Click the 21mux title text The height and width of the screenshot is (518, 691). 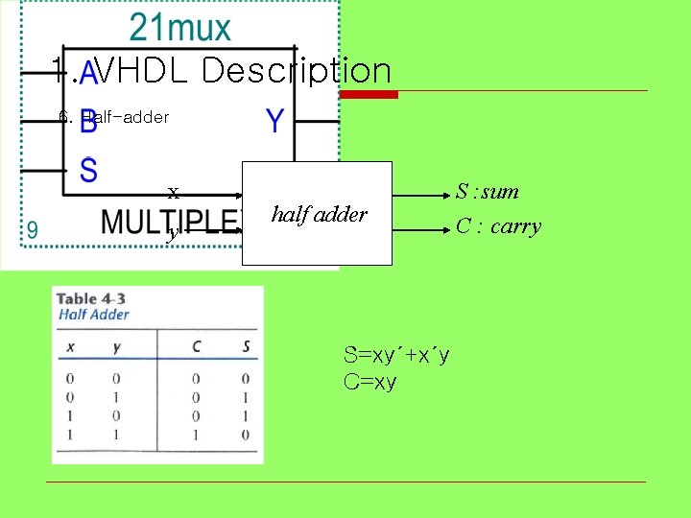point(180,28)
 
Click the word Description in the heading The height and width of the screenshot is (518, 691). point(297,70)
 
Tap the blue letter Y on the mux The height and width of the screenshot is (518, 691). point(274,121)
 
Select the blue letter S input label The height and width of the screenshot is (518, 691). point(88,172)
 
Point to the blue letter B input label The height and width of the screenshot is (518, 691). point(87,125)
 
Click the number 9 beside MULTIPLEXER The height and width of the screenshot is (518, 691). point(33,230)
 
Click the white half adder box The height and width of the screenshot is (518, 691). point(319,213)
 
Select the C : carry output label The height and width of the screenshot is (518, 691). point(498,226)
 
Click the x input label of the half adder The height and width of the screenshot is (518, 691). point(173,192)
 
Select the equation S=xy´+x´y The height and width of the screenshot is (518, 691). point(396,356)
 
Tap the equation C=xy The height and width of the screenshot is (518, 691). point(370,382)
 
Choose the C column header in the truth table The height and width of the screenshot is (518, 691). point(196,346)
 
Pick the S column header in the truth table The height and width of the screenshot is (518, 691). point(246,346)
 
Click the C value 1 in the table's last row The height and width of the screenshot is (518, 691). point(196,435)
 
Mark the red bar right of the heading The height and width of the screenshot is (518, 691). point(369,94)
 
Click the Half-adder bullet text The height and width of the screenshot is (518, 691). point(125,117)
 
